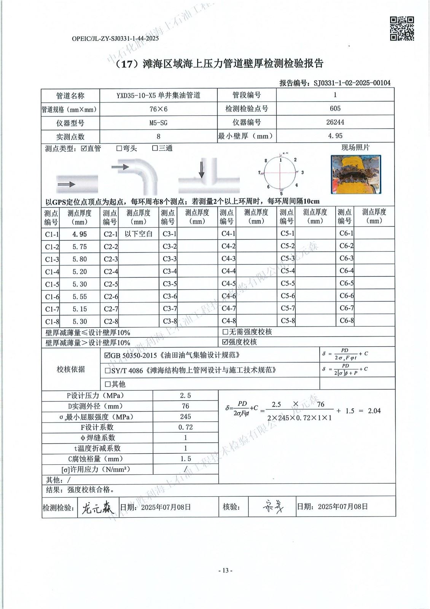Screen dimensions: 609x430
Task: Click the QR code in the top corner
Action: coord(402,29)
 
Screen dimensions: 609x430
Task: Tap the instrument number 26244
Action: coord(335,122)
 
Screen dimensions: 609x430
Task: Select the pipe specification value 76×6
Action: coord(158,109)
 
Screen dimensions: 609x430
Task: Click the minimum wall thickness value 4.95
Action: coord(335,136)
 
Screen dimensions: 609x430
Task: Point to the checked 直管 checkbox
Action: coord(84,148)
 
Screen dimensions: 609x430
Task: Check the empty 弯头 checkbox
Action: coord(119,148)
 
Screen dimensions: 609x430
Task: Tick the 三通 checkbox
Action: coord(155,148)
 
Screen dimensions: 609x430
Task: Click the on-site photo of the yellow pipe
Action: coord(356,174)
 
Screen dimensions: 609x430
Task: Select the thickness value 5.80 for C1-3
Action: coord(80,259)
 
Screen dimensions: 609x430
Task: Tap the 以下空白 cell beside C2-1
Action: coord(139,234)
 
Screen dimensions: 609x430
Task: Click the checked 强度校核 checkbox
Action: coord(225,342)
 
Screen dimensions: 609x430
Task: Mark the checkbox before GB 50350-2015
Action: coord(107,356)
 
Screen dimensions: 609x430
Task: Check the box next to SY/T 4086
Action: coord(108,370)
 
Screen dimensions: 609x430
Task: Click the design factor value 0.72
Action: coord(185,427)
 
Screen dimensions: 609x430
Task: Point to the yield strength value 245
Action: coord(185,417)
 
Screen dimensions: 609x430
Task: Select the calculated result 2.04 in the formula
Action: coord(374,411)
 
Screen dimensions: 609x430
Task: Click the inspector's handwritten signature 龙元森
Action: coord(97,507)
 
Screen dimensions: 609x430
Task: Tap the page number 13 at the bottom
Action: coord(225,571)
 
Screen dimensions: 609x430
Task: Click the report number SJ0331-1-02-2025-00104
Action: coord(352,83)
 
